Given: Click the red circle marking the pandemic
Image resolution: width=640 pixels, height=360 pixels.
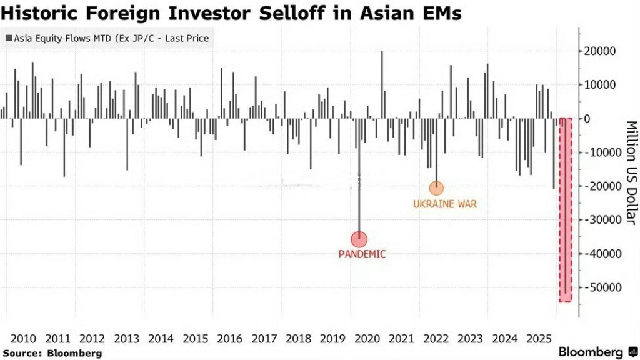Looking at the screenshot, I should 359,239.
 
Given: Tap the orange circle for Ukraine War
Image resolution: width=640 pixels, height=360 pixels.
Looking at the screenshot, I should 436,187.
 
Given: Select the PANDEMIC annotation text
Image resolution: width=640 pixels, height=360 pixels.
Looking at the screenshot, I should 362,254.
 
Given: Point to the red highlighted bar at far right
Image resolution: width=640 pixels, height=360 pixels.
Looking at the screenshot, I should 565,209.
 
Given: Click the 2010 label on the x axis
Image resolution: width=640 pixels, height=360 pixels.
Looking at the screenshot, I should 24,339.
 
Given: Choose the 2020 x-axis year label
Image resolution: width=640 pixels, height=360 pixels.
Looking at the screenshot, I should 367,339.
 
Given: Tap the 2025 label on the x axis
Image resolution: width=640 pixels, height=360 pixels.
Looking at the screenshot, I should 539,339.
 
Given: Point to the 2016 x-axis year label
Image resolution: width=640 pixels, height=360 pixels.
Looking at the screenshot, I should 229,339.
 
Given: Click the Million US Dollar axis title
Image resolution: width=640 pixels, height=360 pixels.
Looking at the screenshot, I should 631,172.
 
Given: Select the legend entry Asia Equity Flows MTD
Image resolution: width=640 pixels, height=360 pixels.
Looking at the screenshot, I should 107,39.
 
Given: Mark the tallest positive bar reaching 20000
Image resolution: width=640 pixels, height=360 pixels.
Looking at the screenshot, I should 382,84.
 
